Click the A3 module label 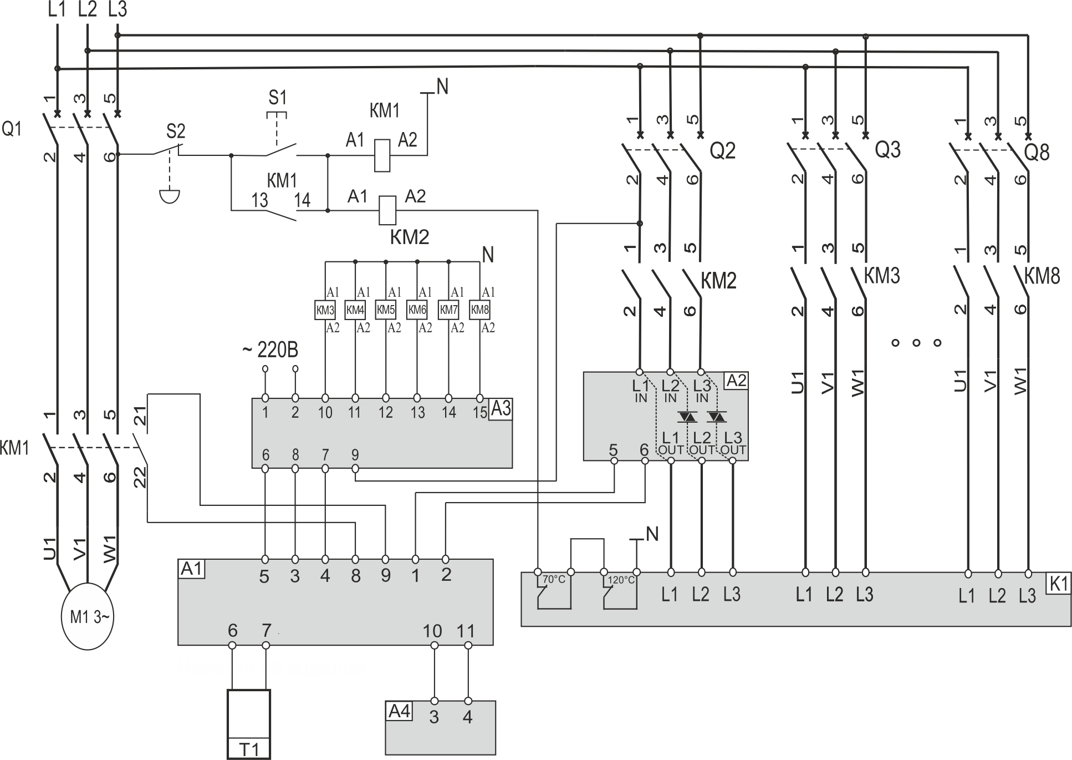pyautogui.click(x=501, y=409)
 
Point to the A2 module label pyautogui.click(x=737, y=381)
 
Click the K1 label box pyautogui.click(x=1059, y=583)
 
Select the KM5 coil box pyautogui.click(x=386, y=310)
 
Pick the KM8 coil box pyautogui.click(x=480, y=310)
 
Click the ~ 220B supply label pyautogui.click(x=270, y=351)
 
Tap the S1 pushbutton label pyautogui.click(x=278, y=98)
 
